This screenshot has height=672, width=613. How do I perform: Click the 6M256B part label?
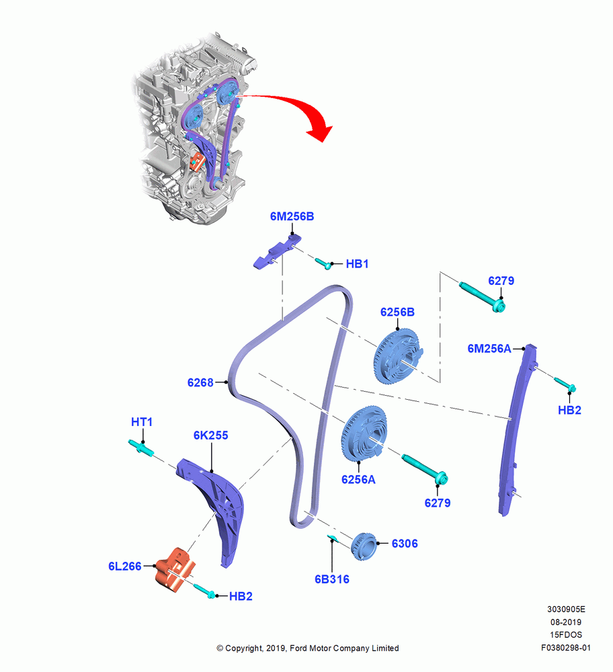(x=292, y=216)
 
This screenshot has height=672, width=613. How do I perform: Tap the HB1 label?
(x=357, y=264)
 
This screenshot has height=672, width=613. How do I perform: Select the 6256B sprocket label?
(x=397, y=312)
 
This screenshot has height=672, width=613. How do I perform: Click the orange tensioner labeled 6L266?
(x=175, y=570)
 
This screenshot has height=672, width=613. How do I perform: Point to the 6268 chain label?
(x=200, y=382)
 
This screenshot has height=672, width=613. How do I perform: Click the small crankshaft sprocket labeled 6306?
(x=364, y=546)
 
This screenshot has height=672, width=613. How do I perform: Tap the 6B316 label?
(x=332, y=579)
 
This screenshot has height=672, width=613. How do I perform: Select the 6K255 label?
(x=211, y=435)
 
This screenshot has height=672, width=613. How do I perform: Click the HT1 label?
(x=142, y=422)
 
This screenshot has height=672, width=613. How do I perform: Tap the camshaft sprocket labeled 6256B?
(x=398, y=356)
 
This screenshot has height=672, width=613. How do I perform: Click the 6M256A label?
(x=489, y=349)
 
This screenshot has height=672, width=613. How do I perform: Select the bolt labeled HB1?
(x=323, y=263)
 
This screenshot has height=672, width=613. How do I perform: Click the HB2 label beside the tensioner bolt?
(x=241, y=596)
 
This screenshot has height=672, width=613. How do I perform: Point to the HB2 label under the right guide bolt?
(x=569, y=410)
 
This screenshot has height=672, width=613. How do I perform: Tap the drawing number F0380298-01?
(x=565, y=648)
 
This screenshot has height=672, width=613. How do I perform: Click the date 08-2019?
(x=566, y=622)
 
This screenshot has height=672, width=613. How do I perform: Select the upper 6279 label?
(x=501, y=281)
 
